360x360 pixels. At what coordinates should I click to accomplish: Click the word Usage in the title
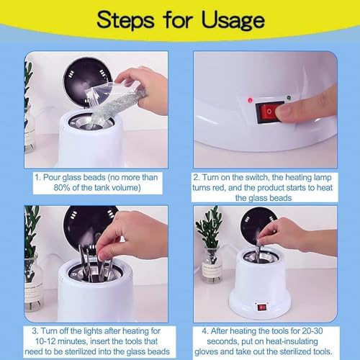[233, 21]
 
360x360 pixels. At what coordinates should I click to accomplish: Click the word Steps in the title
[125, 21]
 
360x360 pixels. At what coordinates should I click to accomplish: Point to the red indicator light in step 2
[251, 100]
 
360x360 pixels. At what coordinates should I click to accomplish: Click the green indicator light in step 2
[289, 98]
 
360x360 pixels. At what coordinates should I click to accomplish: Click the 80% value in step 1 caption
[62, 188]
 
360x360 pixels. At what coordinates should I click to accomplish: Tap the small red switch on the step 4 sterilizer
[261, 307]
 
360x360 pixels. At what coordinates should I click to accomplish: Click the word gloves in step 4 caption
[206, 352]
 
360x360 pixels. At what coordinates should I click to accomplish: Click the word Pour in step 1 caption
[52, 177]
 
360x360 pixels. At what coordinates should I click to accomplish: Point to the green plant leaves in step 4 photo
[210, 229]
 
